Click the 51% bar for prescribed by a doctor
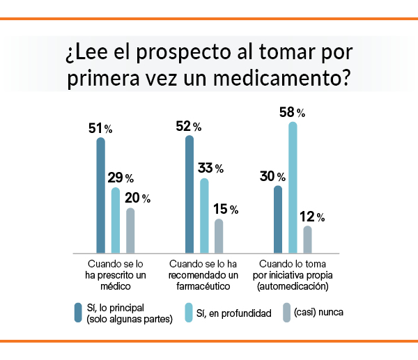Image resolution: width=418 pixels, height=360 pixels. coord(100,195)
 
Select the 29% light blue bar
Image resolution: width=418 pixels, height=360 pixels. coord(115,220)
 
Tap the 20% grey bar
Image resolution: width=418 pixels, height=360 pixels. coord(130,230)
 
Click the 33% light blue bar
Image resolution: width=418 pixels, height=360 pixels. coord(204,215)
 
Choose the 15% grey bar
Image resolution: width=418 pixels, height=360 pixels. coord(219,235)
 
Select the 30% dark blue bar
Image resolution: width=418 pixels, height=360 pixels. coord(279,219)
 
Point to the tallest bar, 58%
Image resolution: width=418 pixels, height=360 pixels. coord(293,187)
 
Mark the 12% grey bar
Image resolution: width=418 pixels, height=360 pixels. coord(308,239)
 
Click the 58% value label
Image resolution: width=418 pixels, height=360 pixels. coord(291,111)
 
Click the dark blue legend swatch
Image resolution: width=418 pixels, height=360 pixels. coord(78,313)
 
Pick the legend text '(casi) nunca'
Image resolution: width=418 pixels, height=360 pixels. coord(318,313)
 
